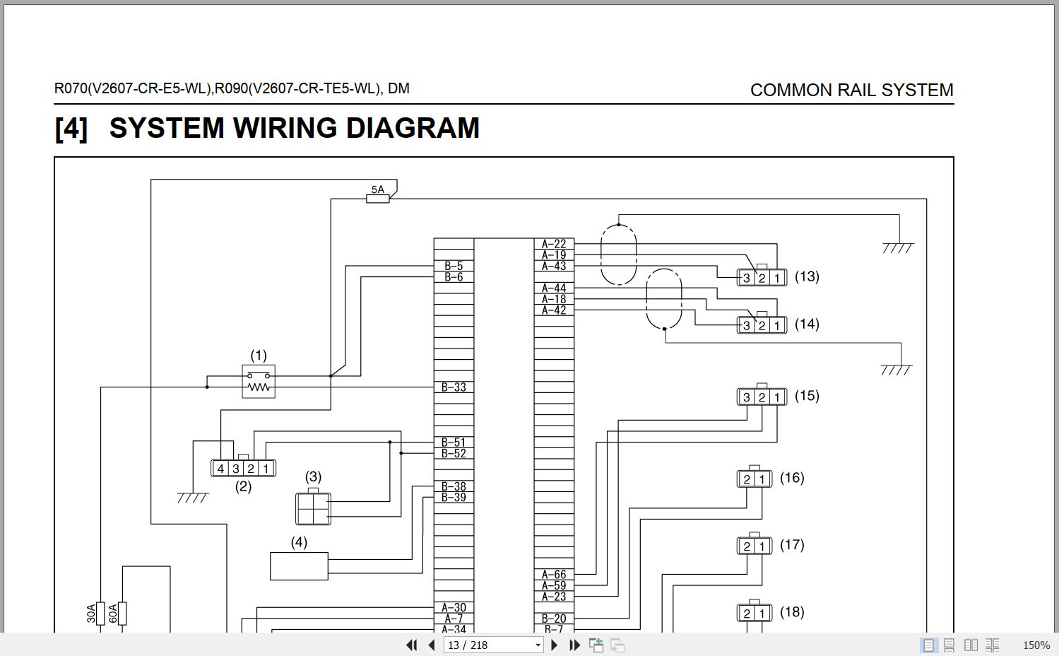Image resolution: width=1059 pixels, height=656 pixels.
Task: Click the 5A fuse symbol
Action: [x=377, y=199]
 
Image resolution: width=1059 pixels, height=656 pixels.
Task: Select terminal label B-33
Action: [x=454, y=387]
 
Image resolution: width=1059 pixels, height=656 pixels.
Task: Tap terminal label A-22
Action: [x=554, y=244]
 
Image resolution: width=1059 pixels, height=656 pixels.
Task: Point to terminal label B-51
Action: [x=454, y=443]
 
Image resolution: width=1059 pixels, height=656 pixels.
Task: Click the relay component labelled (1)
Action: [x=259, y=382]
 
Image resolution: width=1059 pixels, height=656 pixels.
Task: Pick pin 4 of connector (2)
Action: [x=220, y=468]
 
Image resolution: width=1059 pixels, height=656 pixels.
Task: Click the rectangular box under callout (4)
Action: [x=299, y=566]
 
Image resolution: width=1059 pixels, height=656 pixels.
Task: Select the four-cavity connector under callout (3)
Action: [x=313, y=508]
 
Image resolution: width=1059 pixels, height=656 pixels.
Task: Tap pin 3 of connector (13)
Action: [x=747, y=278]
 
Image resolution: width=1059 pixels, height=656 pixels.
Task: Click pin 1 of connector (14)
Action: [x=777, y=326]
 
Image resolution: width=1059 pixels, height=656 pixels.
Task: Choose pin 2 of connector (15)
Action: [x=762, y=397]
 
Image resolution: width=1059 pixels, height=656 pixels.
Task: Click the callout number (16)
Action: [x=792, y=478]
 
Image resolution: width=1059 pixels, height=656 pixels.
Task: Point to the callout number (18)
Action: [x=792, y=612]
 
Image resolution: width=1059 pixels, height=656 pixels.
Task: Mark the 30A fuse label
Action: [x=91, y=613]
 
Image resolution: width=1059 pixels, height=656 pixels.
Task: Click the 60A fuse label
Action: [x=113, y=613]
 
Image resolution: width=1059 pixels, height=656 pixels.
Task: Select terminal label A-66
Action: [x=554, y=575]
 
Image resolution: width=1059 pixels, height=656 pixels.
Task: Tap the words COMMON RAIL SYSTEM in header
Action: [x=851, y=90]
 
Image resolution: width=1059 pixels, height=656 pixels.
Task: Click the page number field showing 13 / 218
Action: [x=492, y=645]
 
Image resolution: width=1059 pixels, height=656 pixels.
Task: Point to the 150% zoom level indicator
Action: [x=1036, y=645]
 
